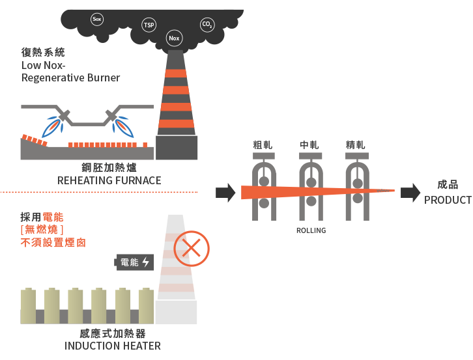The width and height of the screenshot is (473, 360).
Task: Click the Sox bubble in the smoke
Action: tap(97, 20)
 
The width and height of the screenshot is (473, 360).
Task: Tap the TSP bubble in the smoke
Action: tap(149, 25)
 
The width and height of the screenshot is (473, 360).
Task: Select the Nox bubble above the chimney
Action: tap(174, 38)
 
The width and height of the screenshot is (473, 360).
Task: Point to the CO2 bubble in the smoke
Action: tap(207, 25)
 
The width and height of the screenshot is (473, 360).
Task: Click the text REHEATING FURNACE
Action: tap(109, 180)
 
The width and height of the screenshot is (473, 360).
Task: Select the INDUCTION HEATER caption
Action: tap(113, 346)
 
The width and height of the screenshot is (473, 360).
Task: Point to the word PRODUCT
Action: tap(447, 200)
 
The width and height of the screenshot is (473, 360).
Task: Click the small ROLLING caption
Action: tap(310, 230)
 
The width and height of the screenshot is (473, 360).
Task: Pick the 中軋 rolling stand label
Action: tap(309, 145)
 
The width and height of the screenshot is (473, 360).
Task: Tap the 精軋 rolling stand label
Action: tap(356, 145)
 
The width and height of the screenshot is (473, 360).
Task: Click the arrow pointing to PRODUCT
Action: tap(410, 192)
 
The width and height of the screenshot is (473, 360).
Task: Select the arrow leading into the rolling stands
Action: tap(225, 192)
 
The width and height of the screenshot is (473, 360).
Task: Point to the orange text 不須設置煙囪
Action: tap(53, 243)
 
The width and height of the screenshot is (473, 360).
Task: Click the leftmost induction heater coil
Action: tap(29, 307)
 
